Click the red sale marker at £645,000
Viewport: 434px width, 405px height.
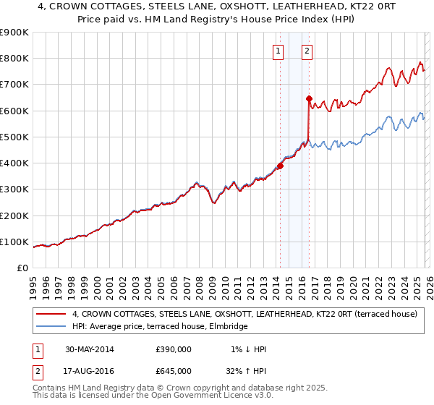click(x=309, y=98)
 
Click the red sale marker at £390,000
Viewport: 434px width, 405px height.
click(x=280, y=166)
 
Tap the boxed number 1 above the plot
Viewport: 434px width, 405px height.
click(x=278, y=51)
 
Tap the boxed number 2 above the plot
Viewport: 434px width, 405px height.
click(x=307, y=51)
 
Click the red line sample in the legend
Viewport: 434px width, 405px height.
click(x=51, y=315)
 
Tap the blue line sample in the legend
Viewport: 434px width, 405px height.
click(x=51, y=327)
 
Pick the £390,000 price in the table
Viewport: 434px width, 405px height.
click(x=174, y=349)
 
